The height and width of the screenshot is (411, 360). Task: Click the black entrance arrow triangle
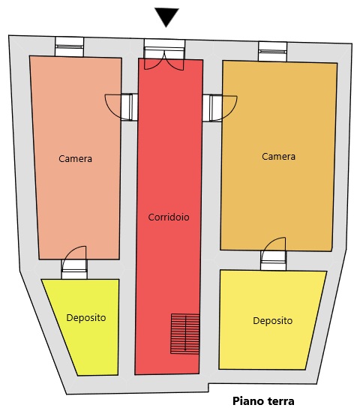click(166, 16)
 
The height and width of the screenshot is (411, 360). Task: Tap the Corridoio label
click(169, 217)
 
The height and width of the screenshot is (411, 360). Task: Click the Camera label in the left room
click(75, 159)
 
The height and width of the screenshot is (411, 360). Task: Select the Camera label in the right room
click(278, 157)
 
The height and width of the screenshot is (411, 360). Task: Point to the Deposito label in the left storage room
click(86, 318)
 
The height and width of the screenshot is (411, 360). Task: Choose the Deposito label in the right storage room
click(273, 320)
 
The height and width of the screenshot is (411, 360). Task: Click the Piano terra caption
click(263, 401)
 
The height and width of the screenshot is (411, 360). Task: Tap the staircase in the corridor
click(184, 334)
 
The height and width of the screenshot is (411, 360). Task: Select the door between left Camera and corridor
click(121, 107)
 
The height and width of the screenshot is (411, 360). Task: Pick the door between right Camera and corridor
click(220, 108)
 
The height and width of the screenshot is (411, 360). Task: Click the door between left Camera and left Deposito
click(74, 262)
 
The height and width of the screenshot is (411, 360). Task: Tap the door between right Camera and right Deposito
click(273, 253)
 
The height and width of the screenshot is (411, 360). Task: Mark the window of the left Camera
click(69, 46)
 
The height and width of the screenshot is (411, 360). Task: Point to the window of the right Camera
click(273, 52)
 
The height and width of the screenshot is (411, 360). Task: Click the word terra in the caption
click(280, 401)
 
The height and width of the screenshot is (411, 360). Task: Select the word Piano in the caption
click(247, 401)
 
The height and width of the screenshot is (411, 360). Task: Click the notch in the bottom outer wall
click(208, 388)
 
